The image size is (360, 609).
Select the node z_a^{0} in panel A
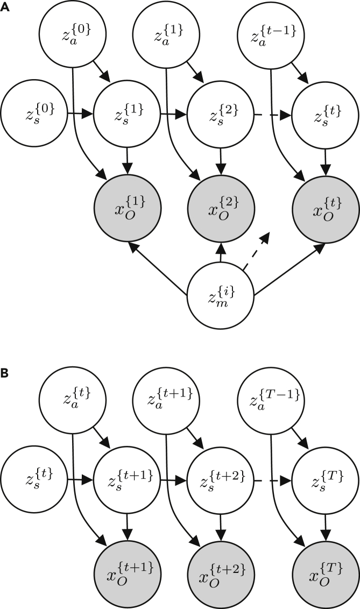coord(72,31)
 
